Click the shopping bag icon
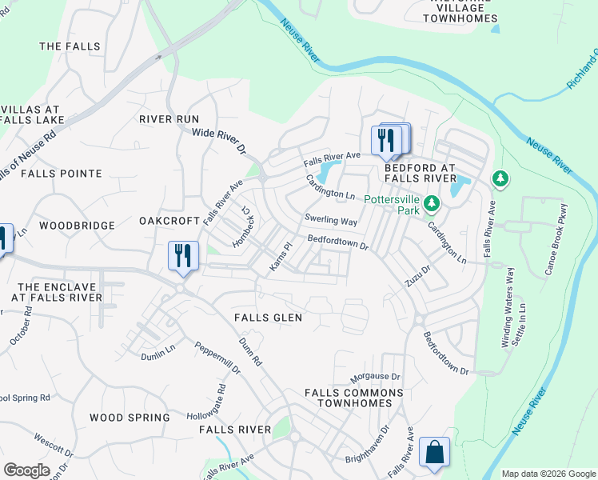[x=434, y=452]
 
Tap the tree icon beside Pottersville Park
[x=432, y=203]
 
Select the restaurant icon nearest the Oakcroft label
[x=183, y=256]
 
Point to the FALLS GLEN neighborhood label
[x=269, y=318]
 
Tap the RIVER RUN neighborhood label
[x=169, y=119]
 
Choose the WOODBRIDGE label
[x=77, y=226]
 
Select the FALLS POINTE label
[x=62, y=174]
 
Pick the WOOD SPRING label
[x=130, y=418]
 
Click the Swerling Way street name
[x=330, y=220]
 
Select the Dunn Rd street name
[x=250, y=351]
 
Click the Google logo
[x=26, y=470]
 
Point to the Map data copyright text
[x=548, y=474]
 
